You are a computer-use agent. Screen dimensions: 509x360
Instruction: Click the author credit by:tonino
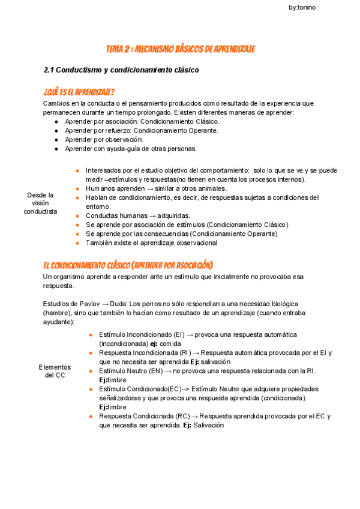pyautogui.click(x=302, y=7)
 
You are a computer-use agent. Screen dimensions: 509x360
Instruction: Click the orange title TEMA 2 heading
pyautogui.click(x=180, y=49)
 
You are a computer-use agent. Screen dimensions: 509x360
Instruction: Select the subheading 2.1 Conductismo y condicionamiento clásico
pyautogui.click(x=121, y=70)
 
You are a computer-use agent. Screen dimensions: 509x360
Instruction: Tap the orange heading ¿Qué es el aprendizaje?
pyautogui.click(x=79, y=92)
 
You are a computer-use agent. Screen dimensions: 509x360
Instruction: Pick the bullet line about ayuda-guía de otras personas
pyautogui.click(x=130, y=148)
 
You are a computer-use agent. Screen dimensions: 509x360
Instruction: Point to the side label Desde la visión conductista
pyautogui.click(x=41, y=203)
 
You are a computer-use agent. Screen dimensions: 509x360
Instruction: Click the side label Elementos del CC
pyautogui.click(x=55, y=371)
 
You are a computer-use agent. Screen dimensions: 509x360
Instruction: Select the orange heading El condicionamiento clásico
pyautogui.click(x=128, y=265)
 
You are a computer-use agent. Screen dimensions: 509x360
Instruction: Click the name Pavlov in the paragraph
pyautogui.click(x=89, y=304)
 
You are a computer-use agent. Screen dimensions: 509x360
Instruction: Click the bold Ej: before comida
pyautogui.click(x=154, y=343)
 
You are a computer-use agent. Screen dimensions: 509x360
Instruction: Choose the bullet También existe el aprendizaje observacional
pyautogui.click(x=151, y=243)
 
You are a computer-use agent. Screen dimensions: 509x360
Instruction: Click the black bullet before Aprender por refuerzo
pyautogui.click(x=56, y=130)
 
